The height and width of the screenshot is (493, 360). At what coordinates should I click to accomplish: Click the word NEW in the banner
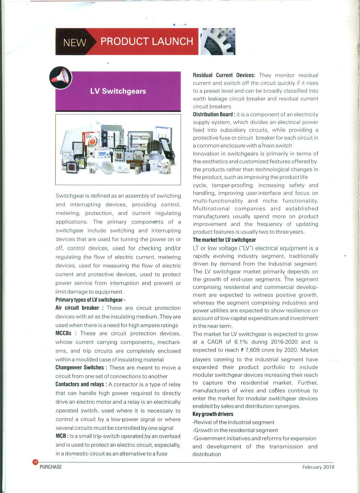click(x=74, y=42)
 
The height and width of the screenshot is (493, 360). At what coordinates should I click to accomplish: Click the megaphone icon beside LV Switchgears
click(x=61, y=78)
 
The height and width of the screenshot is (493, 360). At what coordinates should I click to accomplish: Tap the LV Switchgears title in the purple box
click(x=118, y=91)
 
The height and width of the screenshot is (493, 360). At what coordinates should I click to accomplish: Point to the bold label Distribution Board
click(x=213, y=114)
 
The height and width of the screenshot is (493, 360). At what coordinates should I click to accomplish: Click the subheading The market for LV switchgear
click(x=224, y=240)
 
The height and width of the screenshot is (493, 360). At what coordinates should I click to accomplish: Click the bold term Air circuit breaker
click(x=77, y=308)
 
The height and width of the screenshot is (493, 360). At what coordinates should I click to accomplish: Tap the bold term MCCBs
click(x=63, y=333)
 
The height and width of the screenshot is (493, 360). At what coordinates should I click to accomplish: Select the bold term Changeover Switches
click(x=79, y=368)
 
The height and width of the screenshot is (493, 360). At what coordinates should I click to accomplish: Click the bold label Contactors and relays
click(x=79, y=385)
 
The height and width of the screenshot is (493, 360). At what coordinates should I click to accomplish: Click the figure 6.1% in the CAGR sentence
click(x=241, y=342)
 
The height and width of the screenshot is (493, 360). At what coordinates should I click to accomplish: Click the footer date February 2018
click(x=318, y=467)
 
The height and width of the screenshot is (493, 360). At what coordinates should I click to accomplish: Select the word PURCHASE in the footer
click(x=51, y=467)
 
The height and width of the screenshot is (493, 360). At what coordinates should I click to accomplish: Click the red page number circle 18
click(x=35, y=463)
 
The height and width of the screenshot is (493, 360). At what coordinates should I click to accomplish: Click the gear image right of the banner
click(x=217, y=42)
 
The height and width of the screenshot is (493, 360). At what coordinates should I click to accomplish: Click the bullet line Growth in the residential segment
click(x=236, y=430)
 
